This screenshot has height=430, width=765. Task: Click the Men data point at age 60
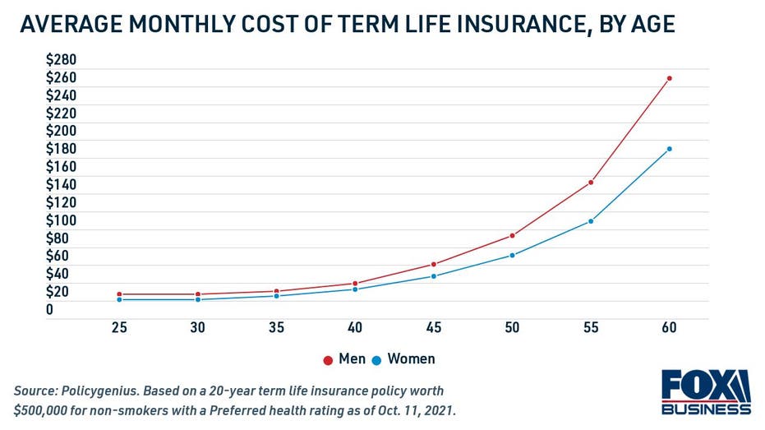(x=669, y=78)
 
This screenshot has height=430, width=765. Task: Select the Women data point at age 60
(x=669, y=149)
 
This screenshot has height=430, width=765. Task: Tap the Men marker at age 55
(x=590, y=183)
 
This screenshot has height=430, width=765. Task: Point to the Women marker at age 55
(x=590, y=221)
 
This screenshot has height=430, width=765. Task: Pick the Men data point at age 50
(x=512, y=236)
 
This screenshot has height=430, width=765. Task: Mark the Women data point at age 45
(x=434, y=276)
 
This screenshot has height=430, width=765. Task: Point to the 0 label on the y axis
(x=49, y=310)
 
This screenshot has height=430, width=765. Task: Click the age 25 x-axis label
(x=119, y=328)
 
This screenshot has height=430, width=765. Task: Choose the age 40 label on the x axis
(x=355, y=328)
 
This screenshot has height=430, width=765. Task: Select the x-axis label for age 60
(x=669, y=328)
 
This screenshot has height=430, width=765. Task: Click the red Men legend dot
(x=328, y=360)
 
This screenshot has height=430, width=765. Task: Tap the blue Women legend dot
(x=377, y=360)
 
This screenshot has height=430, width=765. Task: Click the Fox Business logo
(x=706, y=392)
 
